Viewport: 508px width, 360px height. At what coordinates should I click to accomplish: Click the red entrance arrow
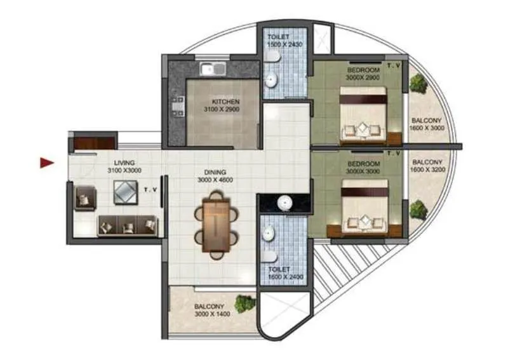point(46,163)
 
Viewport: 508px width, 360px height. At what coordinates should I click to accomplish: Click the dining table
point(216,224)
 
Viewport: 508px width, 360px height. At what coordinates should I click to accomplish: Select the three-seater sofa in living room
point(127,225)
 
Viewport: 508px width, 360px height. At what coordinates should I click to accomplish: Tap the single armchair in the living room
point(84,198)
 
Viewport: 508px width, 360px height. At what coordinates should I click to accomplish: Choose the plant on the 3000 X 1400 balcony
point(244,303)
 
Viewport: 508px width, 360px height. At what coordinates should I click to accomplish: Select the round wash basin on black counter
point(284,203)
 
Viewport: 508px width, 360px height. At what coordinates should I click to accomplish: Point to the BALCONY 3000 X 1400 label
point(210,309)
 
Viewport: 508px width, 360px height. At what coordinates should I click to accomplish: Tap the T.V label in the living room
point(150,189)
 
